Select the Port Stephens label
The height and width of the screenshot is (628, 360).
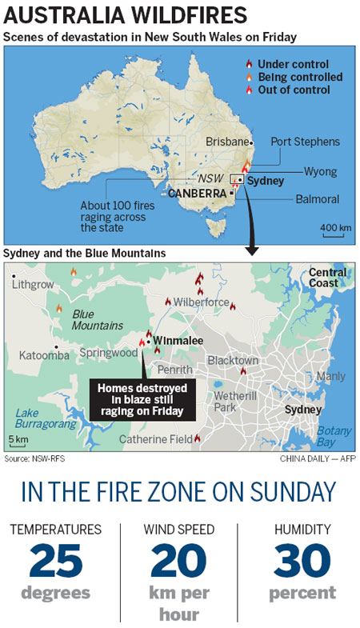point(305,142)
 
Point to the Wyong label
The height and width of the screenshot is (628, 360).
point(321,171)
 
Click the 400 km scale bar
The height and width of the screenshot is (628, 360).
point(336,228)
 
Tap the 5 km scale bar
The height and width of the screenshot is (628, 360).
point(18,440)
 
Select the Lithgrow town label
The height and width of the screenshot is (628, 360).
point(34,285)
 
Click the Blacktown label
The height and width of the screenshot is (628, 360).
point(232,361)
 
